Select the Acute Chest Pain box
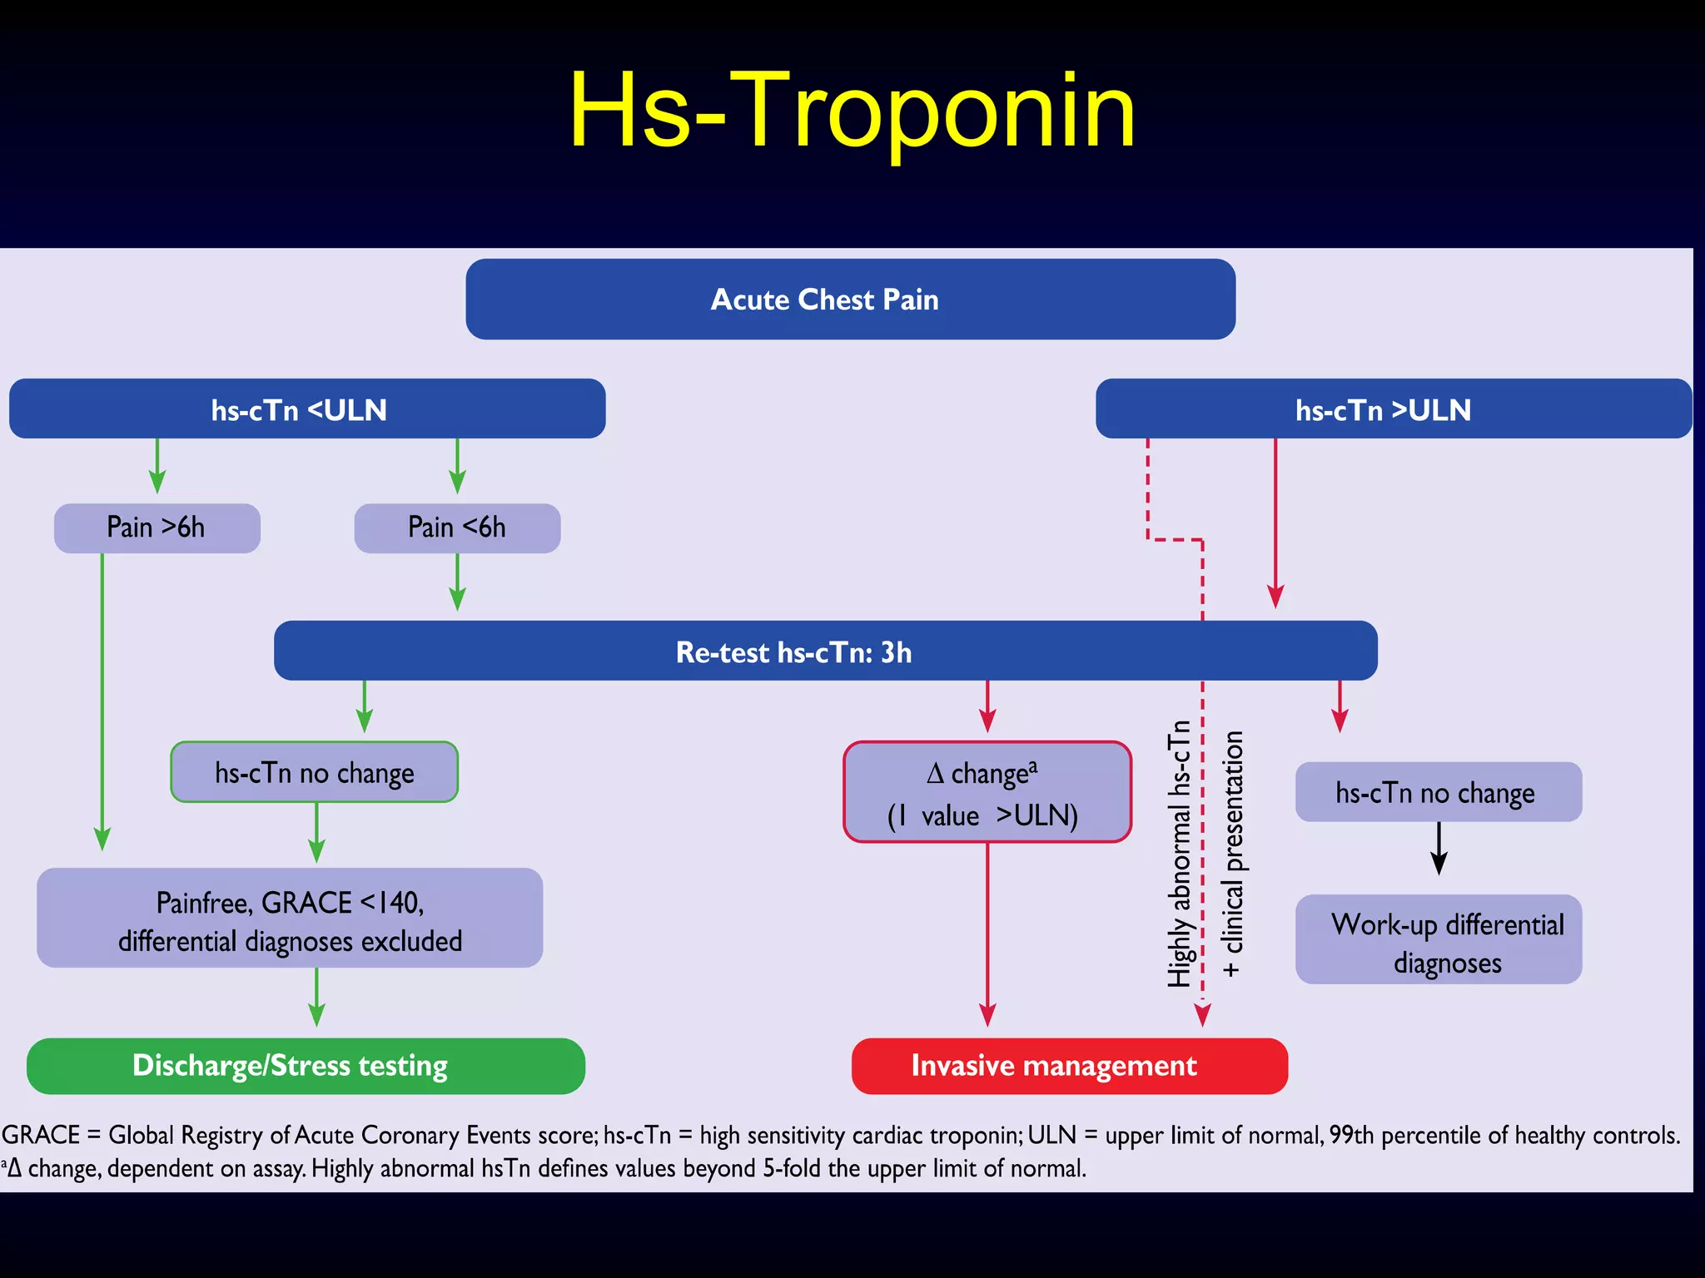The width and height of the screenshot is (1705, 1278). tap(850, 300)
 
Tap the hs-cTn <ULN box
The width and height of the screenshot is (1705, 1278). tap(306, 409)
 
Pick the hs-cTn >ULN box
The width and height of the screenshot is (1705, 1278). tap(1393, 409)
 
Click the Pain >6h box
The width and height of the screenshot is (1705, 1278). tap(157, 528)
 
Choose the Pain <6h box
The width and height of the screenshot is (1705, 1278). tap(457, 528)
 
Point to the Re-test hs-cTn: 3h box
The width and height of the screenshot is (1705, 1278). tap(825, 651)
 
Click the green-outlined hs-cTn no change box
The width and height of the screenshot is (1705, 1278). tap(314, 773)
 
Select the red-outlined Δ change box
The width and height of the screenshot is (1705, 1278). tap(987, 792)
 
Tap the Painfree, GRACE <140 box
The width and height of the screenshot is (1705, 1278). tap(290, 919)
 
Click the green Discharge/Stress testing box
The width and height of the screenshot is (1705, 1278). tap(306, 1066)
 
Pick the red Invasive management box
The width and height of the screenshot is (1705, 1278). tap(1069, 1066)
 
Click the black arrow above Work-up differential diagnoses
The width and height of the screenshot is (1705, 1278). tap(1439, 849)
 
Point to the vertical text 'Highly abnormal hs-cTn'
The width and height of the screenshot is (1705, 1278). tap(1179, 853)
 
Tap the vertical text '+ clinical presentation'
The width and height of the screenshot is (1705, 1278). tap(1232, 853)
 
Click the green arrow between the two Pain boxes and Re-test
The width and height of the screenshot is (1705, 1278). tap(457, 582)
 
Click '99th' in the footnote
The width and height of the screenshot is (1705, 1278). tap(1351, 1136)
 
